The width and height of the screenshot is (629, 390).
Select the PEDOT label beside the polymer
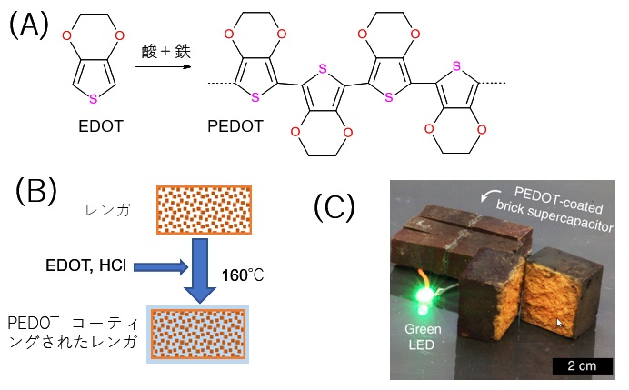[x=237, y=127]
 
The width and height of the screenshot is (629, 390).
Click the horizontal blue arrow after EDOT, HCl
[x=163, y=266]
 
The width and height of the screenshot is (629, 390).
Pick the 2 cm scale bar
[x=582, y=368]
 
